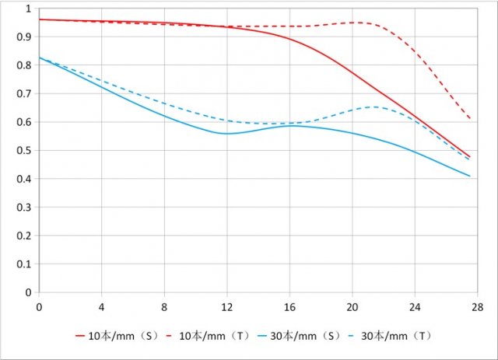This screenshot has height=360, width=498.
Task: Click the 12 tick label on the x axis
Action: click(227, 306)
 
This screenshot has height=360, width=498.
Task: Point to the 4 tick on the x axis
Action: click(102, 306)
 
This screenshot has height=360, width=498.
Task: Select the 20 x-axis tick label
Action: click(352, 306)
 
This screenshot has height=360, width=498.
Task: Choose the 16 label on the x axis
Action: click(290, 306)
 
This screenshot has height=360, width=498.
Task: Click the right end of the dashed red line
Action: click(471, 119)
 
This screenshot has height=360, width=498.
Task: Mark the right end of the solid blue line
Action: click(471, 177)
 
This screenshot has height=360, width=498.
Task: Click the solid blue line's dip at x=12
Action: click(226, 134)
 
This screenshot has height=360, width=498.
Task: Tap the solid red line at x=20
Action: click(352, 73)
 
